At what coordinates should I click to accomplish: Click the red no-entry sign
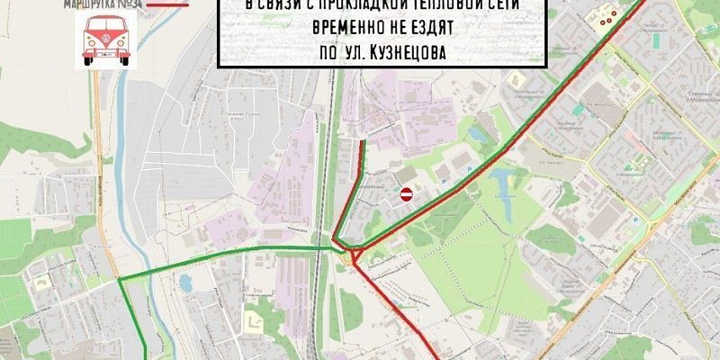click(x=406, y=193)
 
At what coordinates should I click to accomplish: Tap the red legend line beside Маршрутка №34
click(x=170, y=4)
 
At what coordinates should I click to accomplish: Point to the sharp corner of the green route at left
click(x=120, y=279)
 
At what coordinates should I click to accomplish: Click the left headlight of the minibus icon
click(x=91, y=44)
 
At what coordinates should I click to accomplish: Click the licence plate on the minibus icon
click(x=105, y=55)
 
